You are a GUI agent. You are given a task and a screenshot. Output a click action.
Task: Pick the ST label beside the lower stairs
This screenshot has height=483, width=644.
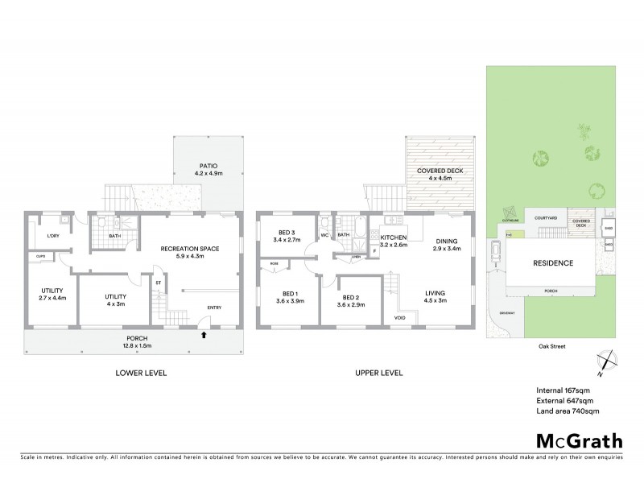coord(159,283)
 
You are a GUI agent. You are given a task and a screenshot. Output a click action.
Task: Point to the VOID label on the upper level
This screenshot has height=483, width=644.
coord(400,317)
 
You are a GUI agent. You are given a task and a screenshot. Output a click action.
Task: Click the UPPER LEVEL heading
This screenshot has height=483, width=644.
coord(378,373)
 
